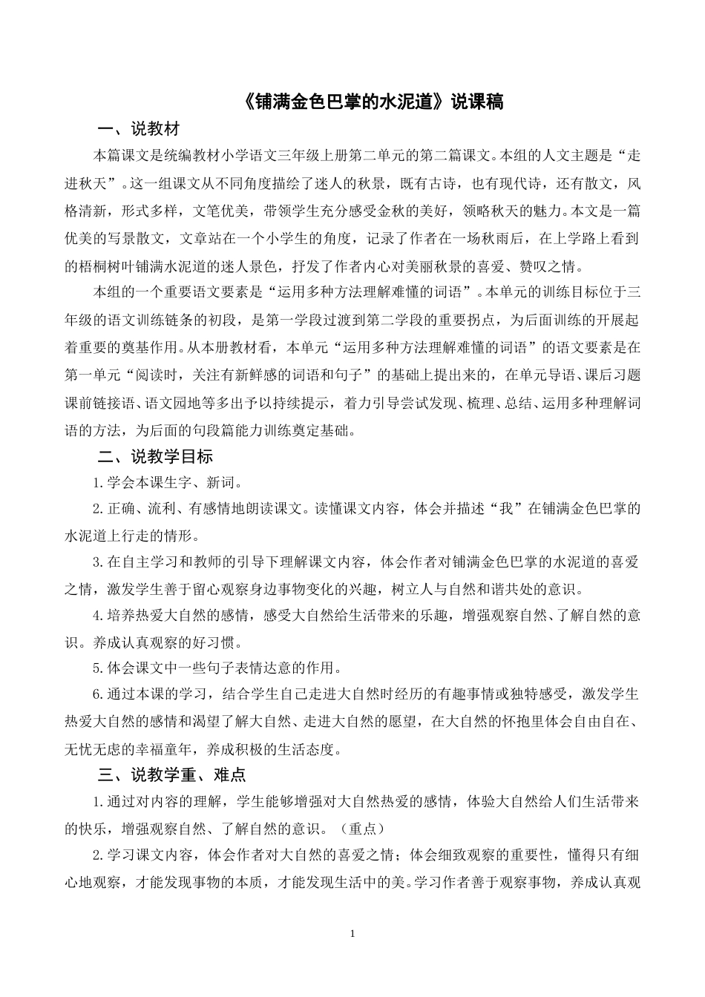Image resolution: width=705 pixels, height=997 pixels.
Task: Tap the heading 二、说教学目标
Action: point(155,455)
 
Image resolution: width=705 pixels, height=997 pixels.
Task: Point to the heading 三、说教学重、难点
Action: point(171,775)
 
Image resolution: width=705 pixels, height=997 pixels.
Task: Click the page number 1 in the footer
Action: point(352,932)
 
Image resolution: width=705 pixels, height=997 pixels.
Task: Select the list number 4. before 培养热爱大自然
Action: point(97,616)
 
